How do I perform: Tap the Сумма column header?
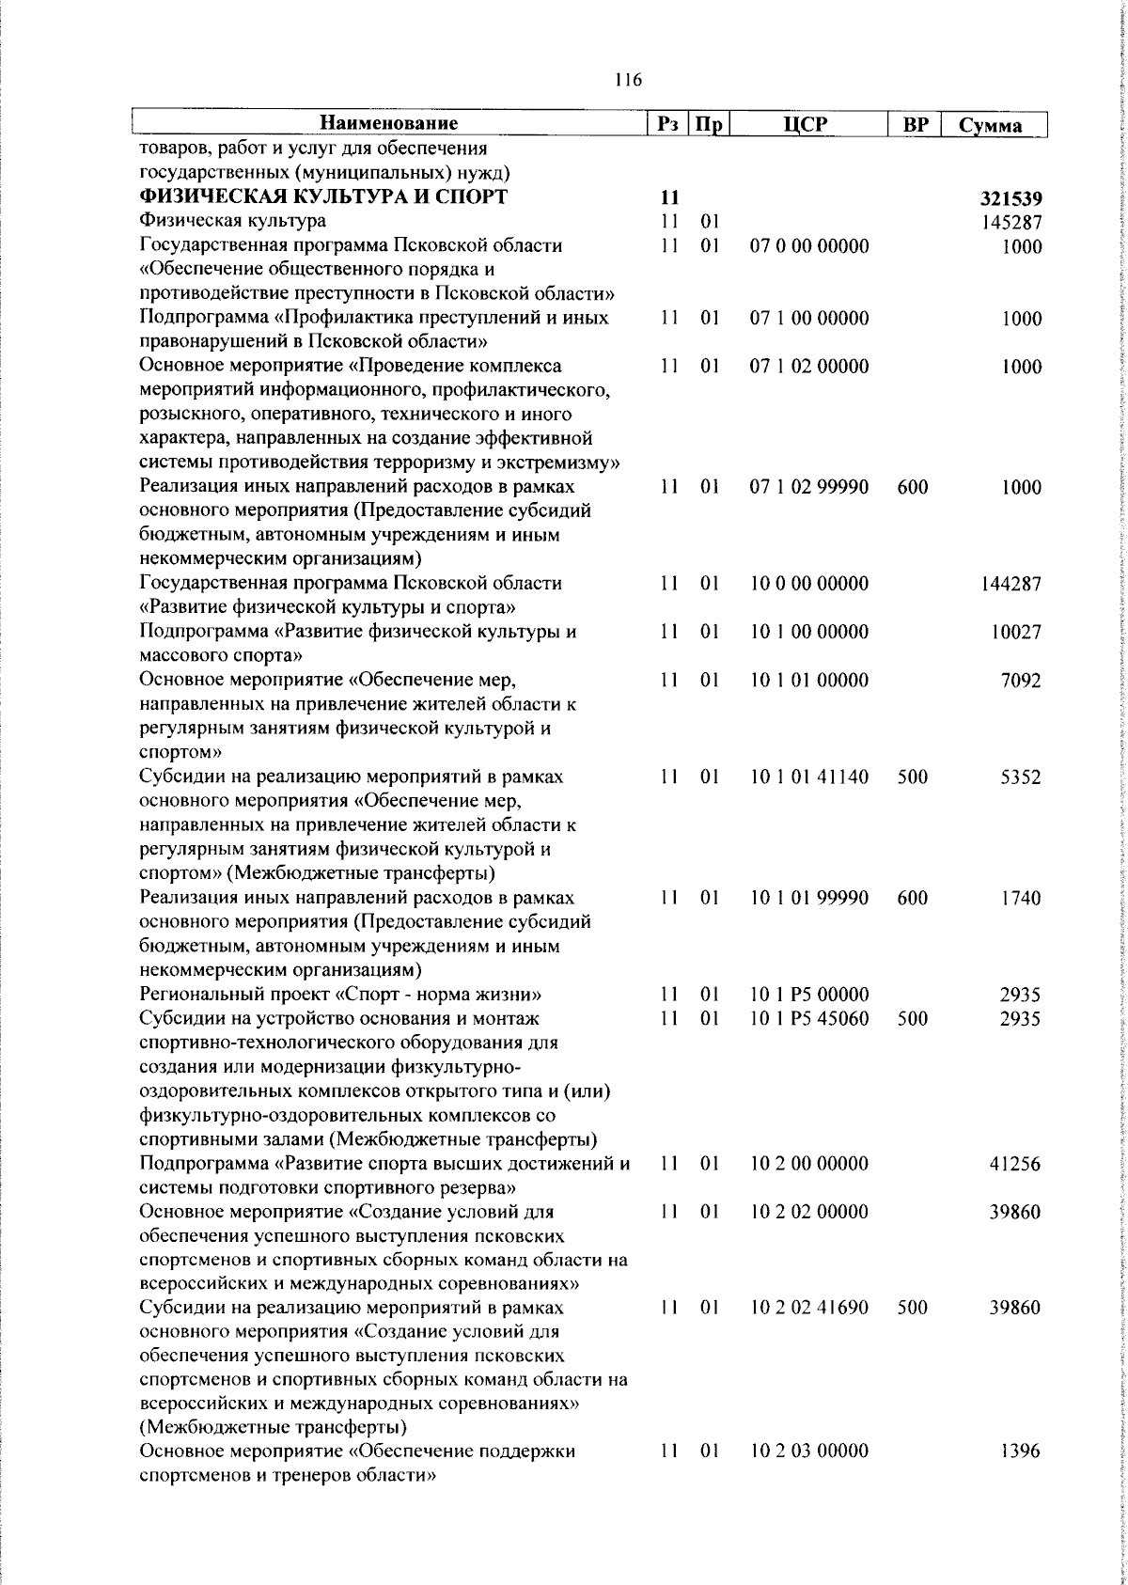[x=991, y=125]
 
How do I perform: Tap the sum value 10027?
[x=1015, y=632]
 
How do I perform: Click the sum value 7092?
[x=1020, y=680]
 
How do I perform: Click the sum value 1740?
[x=1020, y=898]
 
